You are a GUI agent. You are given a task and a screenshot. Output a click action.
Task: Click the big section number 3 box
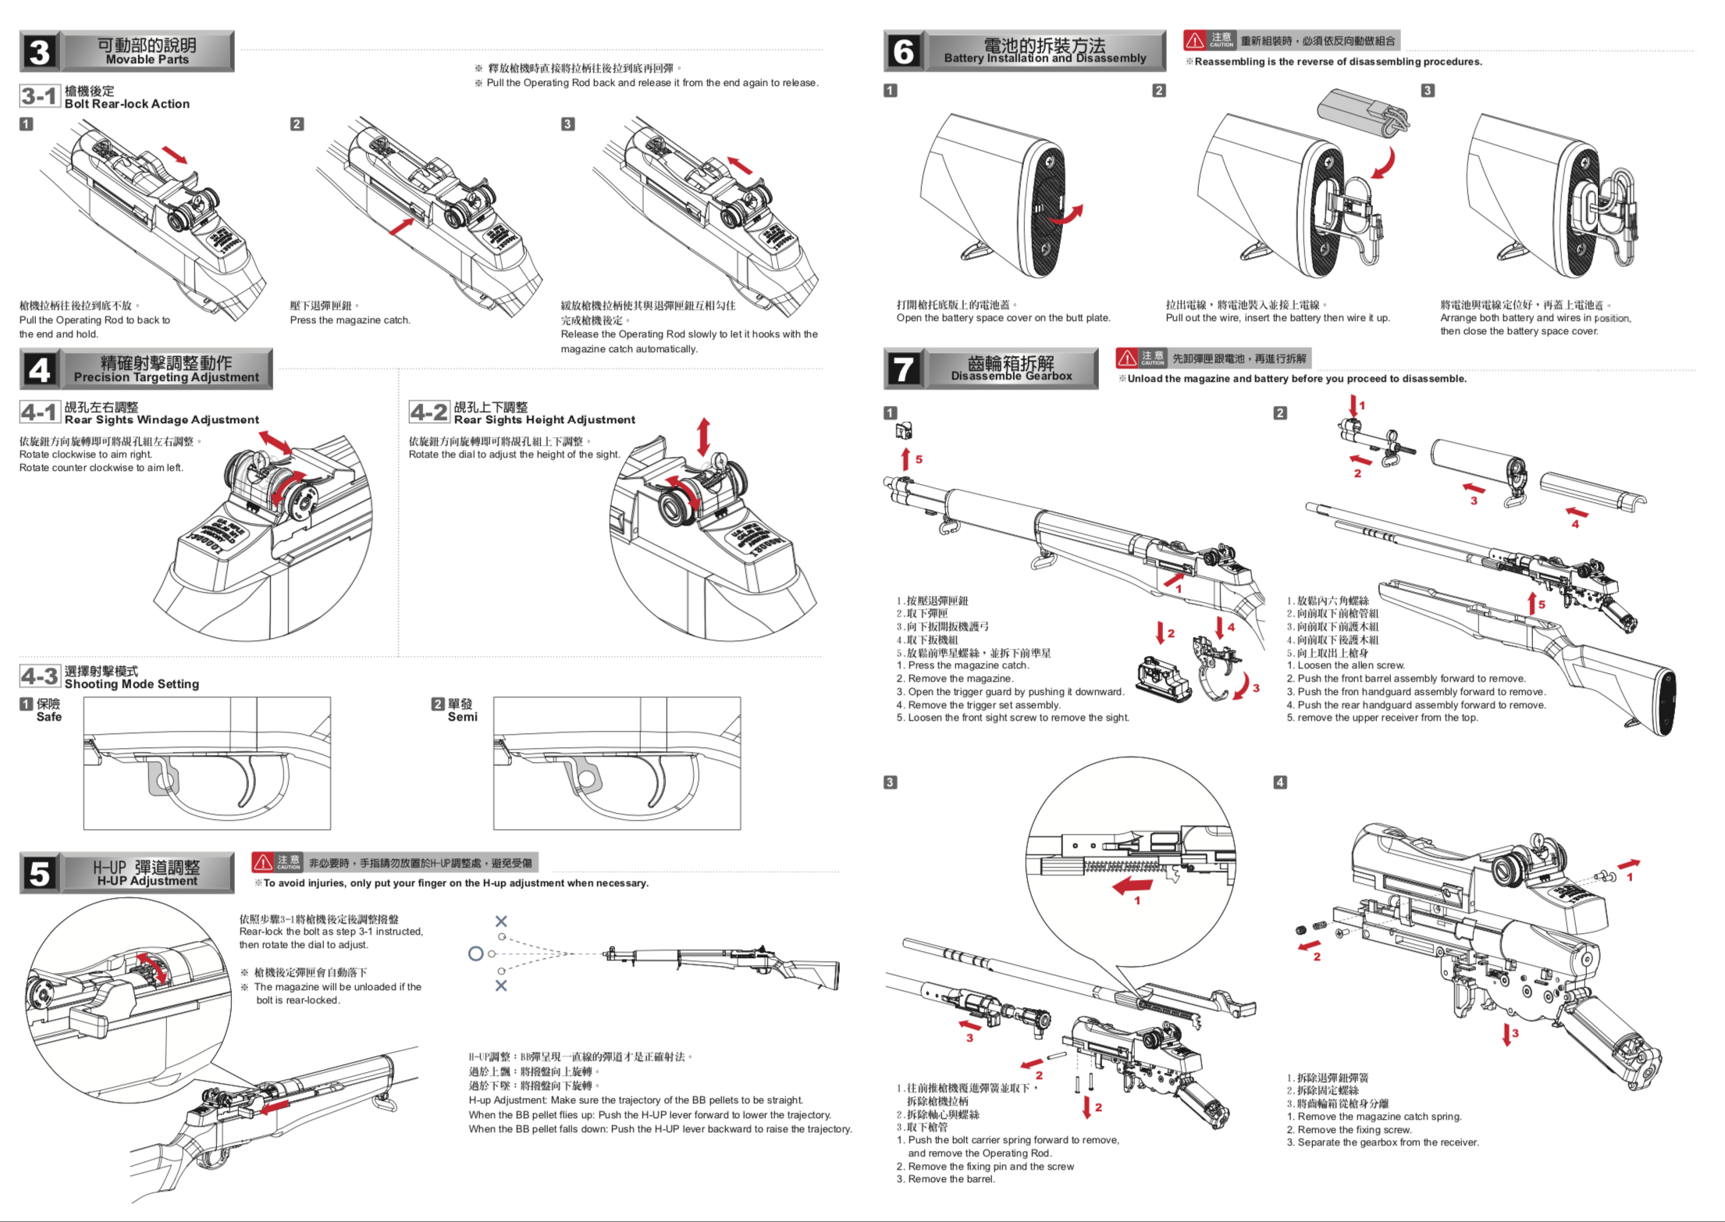[x=39, y=52]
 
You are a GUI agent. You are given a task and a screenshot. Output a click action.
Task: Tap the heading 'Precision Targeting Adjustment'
[x=166, y=377]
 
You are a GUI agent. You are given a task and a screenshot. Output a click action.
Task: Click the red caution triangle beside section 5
[x=263, y=862]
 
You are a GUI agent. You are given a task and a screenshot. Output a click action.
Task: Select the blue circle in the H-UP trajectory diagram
[x=475, y=953]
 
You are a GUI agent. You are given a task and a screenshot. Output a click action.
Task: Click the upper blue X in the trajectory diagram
[x=501, y=921]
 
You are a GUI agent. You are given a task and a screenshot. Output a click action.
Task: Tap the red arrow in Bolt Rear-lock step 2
[x=401, y=226]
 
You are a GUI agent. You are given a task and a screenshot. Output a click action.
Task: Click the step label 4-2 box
[x=429, y=411]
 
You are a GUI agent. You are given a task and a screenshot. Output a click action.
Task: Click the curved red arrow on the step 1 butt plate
[x=1066, y=216]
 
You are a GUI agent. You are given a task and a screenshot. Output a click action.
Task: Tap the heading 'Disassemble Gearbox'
[x=1011, y=376]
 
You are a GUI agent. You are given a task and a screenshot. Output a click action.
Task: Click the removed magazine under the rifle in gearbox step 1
[x=1163, y=678]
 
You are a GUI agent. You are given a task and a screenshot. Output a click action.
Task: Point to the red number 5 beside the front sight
[x=919, y=459]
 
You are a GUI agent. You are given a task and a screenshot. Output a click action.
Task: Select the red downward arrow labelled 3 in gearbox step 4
[x=1506, y=1035]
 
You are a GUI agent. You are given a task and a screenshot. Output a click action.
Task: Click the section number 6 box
[x=903, y=52]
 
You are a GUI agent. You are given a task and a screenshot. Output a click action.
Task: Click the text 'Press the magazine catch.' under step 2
[x=350, y=320]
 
